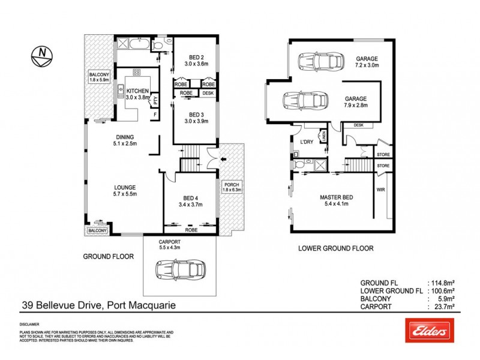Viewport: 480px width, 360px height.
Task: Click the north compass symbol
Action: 41,56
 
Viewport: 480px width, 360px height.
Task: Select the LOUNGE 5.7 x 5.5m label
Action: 124,190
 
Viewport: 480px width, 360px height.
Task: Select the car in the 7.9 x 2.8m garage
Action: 306,101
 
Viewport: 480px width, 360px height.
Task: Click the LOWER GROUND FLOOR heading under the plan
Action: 336,248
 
